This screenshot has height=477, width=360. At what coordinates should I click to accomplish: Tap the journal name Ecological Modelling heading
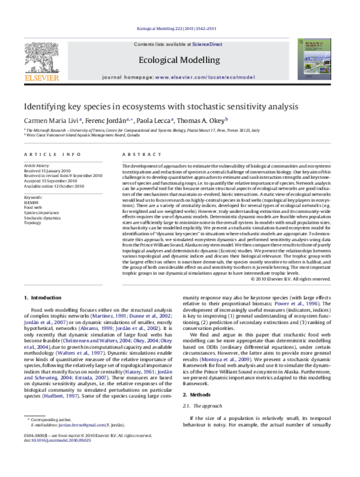pos(174,60)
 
